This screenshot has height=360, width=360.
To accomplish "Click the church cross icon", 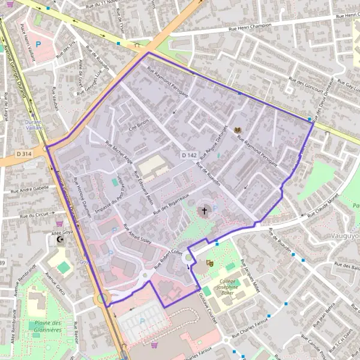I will [x=204, y=211].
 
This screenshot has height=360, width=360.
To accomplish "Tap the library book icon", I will [x=238, y=130].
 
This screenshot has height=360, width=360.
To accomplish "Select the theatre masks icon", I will [x=210, y=263].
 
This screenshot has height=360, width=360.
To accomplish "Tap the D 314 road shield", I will [x=24, y=154].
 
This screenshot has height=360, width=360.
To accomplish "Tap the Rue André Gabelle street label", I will [x=29, y=188].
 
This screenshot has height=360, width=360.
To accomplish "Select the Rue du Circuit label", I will [x=33, y=214].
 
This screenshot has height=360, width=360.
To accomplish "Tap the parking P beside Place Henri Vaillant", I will [x=40, y=44].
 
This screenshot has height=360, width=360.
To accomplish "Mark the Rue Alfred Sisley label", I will [x=137, y=238].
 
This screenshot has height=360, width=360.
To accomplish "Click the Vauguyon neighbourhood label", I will [x=345, y=236].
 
